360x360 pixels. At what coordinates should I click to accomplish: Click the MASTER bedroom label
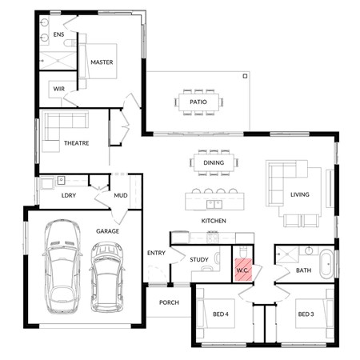pos(102,62)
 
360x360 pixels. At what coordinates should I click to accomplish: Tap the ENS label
pos(58,35)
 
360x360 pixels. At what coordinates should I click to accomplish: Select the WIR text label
pos(58,88)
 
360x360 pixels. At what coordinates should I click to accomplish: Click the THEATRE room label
pos(77,143)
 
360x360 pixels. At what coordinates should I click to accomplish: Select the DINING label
pos(214,162)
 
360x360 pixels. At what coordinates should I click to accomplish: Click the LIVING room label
pos(300,194)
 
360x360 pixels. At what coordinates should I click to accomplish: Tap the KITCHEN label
pos(214,220)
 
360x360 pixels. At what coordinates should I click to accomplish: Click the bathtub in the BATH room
pos(327,264)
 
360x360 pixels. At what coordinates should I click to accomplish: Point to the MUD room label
pos(120,194)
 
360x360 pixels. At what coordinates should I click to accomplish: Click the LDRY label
pos(69,194)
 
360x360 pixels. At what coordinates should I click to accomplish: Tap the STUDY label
pos(199,259)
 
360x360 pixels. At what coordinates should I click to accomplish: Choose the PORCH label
pos(169,302)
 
